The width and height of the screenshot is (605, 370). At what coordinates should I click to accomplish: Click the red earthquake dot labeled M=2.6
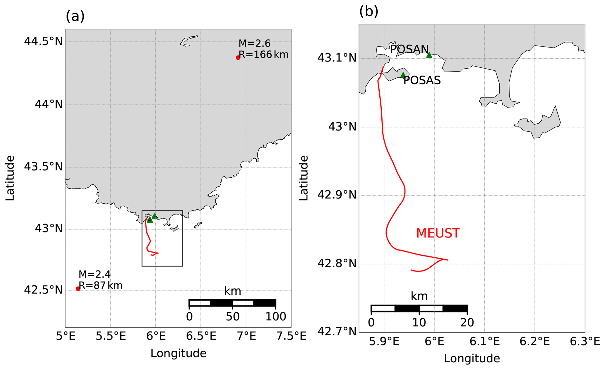click(x=238, y=58)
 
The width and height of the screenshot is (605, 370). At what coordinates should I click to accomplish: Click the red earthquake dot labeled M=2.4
click(x=78, y=289)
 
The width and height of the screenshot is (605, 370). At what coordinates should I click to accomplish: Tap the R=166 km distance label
click(x=263, y=55)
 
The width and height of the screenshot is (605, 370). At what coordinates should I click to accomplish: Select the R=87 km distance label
click(x=100, y=285)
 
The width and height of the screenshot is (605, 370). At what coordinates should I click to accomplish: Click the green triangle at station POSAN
click(x=429, y=55)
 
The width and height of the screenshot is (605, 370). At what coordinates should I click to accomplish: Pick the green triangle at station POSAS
click(x=403, y=76)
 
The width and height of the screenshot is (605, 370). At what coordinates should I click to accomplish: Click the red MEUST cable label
click(x=438, y=233)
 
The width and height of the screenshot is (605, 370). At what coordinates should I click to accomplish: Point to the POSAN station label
click(x=409, y=49)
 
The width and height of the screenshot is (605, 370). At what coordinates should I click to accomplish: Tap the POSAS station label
click(x=422, y=80)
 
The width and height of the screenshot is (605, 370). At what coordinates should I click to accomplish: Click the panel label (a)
click(x=75, y=16)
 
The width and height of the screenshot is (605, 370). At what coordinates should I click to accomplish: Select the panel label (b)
click(x=369, y=12)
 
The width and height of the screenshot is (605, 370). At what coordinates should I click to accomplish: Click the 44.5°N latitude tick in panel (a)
click(x=43, y=42)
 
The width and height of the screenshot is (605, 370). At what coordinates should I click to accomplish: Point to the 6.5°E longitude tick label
click(x=201, y=336)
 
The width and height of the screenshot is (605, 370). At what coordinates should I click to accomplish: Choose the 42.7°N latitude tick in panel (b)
click(x=337, y=332)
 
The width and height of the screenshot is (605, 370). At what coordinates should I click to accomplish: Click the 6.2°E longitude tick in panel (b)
click(x=534, y=341)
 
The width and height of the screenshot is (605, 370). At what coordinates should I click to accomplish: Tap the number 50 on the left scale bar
click(x=233, y=317)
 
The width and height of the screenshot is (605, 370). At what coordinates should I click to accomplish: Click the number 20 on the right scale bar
click(x=467, y=323)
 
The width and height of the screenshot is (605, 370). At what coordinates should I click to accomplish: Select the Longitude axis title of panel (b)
click(x=472, y=358)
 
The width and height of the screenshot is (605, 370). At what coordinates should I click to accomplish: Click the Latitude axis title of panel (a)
click(x=10, y=178)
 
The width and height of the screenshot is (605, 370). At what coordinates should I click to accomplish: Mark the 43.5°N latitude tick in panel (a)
click(x=43, y=167)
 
